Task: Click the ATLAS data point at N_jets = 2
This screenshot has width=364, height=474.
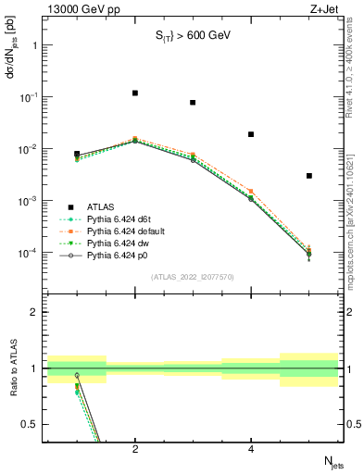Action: pos(135,93)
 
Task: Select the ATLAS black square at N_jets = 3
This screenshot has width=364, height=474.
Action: pos(193,103)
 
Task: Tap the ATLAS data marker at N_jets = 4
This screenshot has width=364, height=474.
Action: pos(251,134)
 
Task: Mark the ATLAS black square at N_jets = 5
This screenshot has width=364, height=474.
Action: pos(308,175)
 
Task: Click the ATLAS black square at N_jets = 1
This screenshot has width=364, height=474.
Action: pos(77,154)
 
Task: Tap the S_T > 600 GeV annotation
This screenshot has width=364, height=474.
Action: pos(193,35)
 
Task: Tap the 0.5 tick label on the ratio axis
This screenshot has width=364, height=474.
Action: pos(32,424)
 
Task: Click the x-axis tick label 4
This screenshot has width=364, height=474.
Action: pos(251,449)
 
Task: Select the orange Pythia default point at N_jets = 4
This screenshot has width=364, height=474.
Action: pos(251,191)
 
